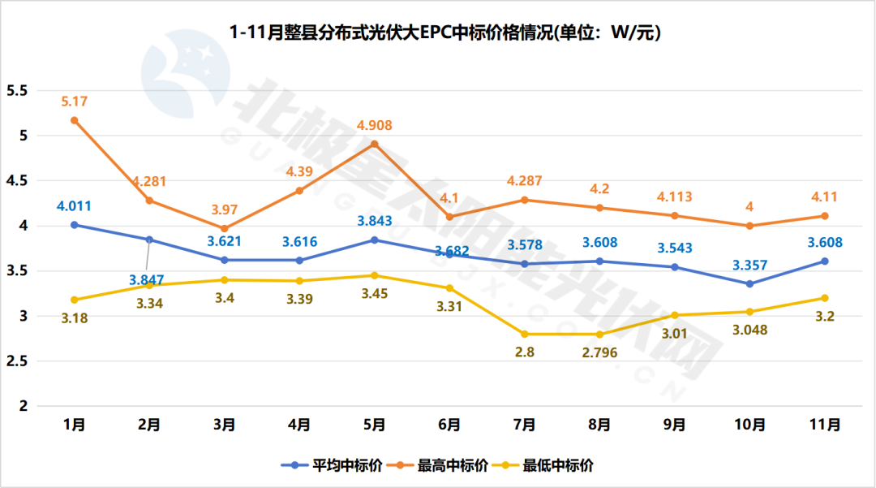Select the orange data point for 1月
75,120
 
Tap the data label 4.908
374,126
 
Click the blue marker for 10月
749,283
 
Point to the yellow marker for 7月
525,334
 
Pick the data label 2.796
599,353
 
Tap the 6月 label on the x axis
449,425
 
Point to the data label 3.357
749,265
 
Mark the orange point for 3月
225,228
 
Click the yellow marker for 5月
375,275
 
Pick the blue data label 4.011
75,206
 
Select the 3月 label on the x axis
225,425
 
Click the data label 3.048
749,330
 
